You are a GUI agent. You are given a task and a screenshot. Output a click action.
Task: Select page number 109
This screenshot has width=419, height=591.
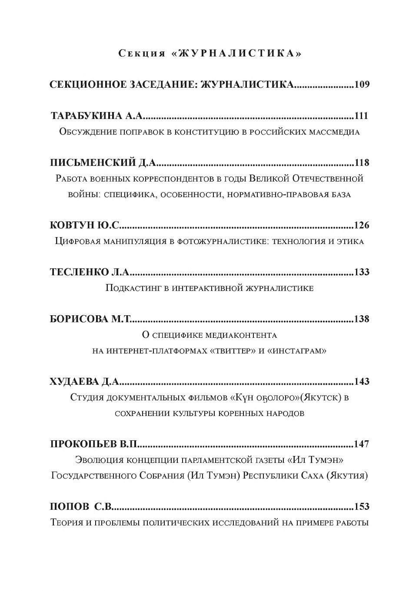pyautogui.click(x=362, y=84)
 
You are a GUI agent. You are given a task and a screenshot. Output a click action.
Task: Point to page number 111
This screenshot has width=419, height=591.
pyautogui.click(x=362, y=116)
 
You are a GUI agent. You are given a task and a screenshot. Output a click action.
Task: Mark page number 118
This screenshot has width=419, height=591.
pyautogui.click(x=362, y=162)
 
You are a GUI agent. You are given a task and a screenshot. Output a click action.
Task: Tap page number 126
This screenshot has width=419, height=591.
pyautogui.click(x=362, y=225)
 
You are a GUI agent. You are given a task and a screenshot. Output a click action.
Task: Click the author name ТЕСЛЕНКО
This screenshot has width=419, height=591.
pyautogui.click(x=79, y=272)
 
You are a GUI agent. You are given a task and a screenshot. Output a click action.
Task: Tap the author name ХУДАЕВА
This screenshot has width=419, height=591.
pyautogui.click(x=74, y=381)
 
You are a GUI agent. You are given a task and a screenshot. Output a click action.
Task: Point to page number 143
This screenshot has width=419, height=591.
pyautogui.click(x=362, y=381)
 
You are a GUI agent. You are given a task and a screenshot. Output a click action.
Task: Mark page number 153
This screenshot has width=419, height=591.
pyautogui.click(x=362, y=506)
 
